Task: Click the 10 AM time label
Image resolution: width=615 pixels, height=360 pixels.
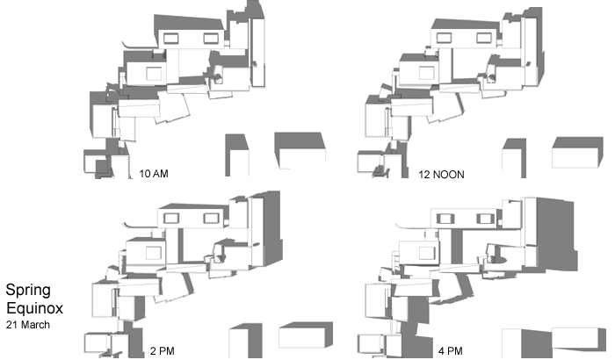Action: point(154,174)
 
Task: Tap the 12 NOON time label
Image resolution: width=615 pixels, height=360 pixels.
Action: point(441,174)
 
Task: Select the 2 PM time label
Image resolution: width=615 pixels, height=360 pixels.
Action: point(163,350)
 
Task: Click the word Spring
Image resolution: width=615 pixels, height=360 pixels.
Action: point(26,290)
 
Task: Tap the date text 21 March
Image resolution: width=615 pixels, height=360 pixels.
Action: point(27,325)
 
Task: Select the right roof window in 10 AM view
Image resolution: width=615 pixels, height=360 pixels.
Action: point(211,38)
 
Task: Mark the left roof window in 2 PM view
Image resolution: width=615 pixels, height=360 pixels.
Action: point(172,218)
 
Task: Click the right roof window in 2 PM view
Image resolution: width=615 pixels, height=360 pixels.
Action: point(211,218)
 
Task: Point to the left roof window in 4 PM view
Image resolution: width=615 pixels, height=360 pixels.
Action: point(445,217)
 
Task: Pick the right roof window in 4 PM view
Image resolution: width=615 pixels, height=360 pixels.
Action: point(484,217)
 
